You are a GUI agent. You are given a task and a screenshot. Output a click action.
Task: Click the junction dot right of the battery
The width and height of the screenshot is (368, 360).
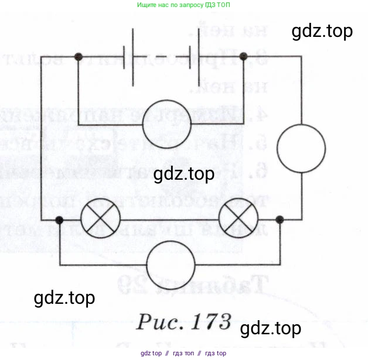tap(244, 57)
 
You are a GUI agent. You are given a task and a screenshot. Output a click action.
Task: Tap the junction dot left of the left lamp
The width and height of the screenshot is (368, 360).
tap(59, 220)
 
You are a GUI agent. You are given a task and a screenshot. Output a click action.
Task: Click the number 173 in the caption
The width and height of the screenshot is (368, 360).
tap(207, 321)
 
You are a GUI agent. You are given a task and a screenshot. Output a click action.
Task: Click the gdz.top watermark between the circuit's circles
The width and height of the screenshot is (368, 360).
tap(183, 174)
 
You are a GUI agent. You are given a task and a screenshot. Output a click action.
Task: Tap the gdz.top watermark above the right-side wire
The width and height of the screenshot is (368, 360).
tap(322, 31)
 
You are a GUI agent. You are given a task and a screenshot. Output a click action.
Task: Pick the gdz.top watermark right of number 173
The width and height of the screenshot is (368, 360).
tap(271, 328)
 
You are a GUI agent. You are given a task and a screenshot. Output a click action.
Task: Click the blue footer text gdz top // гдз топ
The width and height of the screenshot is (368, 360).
tap(183, 354)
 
